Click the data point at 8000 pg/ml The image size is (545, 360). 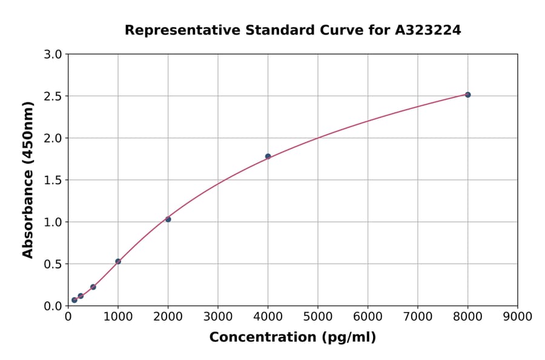coord(467,95)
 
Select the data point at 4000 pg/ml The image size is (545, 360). coord(268,156)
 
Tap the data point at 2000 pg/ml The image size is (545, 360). coord(168,219)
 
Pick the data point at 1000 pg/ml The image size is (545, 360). coord(118,261)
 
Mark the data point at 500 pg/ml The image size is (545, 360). coord(93,287)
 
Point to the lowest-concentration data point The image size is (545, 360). coord(74,300)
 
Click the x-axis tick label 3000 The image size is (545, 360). coord(218,316)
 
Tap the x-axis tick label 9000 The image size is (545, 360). coord(518,316)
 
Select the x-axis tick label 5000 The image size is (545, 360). coord(318,316)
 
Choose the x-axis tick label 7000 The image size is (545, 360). coord(418,316)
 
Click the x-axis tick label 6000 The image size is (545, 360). coord(368,316)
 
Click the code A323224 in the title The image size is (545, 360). coord(428,30)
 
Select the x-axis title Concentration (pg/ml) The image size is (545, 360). coord(292,338)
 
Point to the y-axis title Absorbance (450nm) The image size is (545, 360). coord(28,179)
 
